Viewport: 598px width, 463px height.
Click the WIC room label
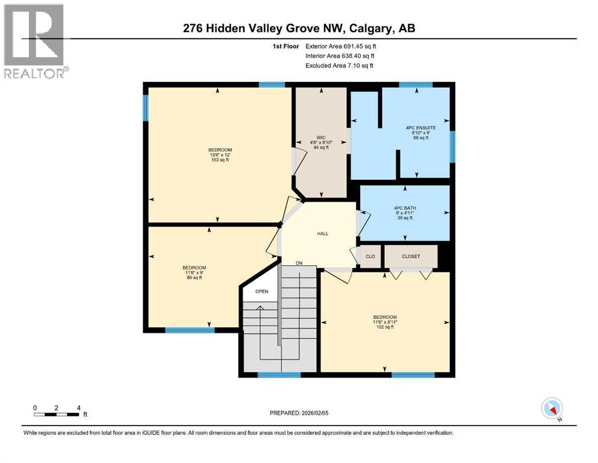(322, 136)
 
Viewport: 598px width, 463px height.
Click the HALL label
(323, 234)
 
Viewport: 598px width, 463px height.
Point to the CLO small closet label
(370, 256)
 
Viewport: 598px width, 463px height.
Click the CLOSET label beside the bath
(411, 256)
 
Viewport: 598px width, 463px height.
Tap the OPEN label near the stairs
(261, 292)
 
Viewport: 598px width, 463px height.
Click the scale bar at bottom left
(57, 414)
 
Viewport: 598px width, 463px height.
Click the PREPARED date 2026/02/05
(299, 413)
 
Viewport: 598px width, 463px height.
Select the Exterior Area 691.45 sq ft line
(341, 46)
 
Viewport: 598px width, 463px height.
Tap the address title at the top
(299, 28)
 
